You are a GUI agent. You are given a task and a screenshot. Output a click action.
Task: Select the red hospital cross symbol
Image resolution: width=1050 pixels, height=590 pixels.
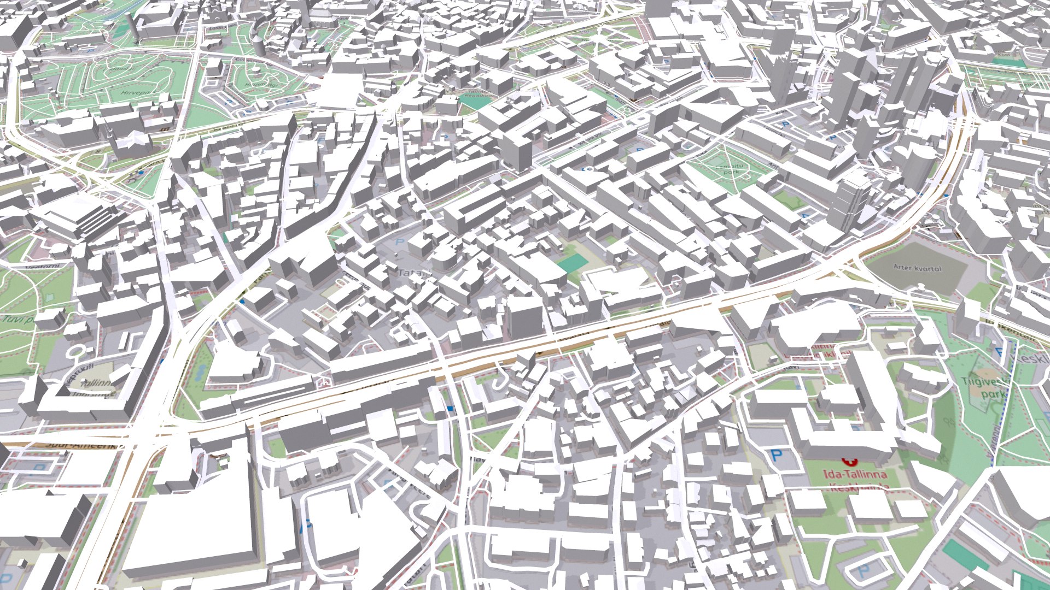pyautogui.click(x=848, y=461)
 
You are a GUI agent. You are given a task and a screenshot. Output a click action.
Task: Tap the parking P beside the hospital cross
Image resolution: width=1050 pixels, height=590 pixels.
pyautogui.click(x=776, y=455)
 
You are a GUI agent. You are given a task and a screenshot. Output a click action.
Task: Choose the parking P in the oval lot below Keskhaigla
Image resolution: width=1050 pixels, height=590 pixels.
pyautogui.click(x=864, y=571)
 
